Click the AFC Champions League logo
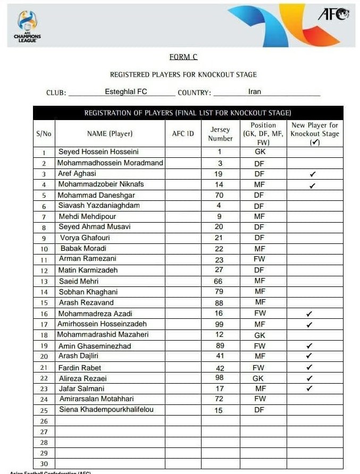(x=27, y=26)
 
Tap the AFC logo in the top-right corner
(x=333, y=14)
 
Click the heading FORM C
(x=183, y=57)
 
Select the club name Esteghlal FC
(x=126, y=91)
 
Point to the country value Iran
(x=255, y=91)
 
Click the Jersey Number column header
(x=220, y=134)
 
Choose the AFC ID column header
(x=183, y=134)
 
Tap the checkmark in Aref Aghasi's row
(x=312, y=174)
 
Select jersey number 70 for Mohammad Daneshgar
(x=219, y=195)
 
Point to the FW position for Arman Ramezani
(x=259, y=259)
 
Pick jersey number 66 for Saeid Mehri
(x=219, y=281)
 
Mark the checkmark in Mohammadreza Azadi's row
(x=310, y=314)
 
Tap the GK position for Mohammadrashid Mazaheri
(x=259, y=335)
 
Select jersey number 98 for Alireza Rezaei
(x=220, y=378)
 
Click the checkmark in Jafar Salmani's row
(x=310, y=388)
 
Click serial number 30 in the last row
(x=44, y=463)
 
